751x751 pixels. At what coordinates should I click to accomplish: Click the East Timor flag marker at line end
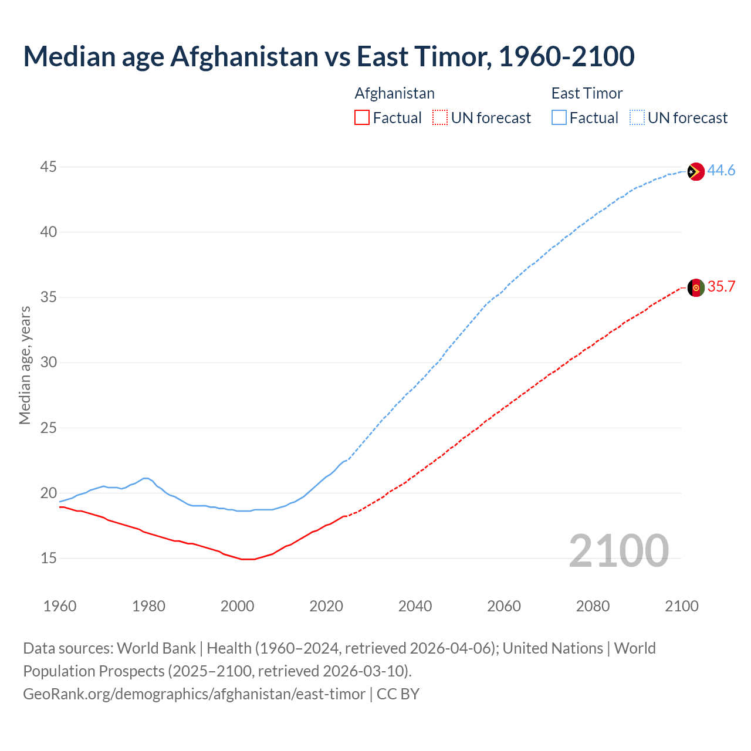pos(695,171)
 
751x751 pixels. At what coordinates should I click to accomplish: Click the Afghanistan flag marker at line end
pos(695,287)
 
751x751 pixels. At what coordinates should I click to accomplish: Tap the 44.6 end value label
pos(721,171)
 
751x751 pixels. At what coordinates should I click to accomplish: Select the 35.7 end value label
pos(721,287)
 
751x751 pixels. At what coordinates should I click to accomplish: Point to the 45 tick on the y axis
pos(48,167)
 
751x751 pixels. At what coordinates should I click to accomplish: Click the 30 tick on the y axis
pos(48,363)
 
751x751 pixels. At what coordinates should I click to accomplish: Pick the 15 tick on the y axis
pos(48,558)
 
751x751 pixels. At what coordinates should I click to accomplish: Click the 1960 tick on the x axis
pos(60,606)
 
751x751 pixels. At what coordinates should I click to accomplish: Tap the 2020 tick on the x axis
pos(326,606)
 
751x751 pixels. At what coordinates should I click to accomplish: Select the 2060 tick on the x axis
pos(504,606)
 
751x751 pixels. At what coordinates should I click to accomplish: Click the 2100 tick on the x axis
pos(682,606)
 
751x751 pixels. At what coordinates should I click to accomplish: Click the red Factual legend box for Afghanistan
pos(362,118)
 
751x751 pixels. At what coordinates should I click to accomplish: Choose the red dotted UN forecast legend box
pos(440,118)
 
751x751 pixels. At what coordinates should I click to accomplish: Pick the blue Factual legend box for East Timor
pos(559,118)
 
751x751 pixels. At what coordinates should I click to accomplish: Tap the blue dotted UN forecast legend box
pos(637,118)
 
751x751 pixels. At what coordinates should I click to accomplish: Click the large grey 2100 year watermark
pos(618,551)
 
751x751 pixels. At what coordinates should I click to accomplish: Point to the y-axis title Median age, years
pos(25,365)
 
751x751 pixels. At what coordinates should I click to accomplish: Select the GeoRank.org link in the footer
pos(194,694)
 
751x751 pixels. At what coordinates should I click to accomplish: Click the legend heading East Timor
pos(587,93)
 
